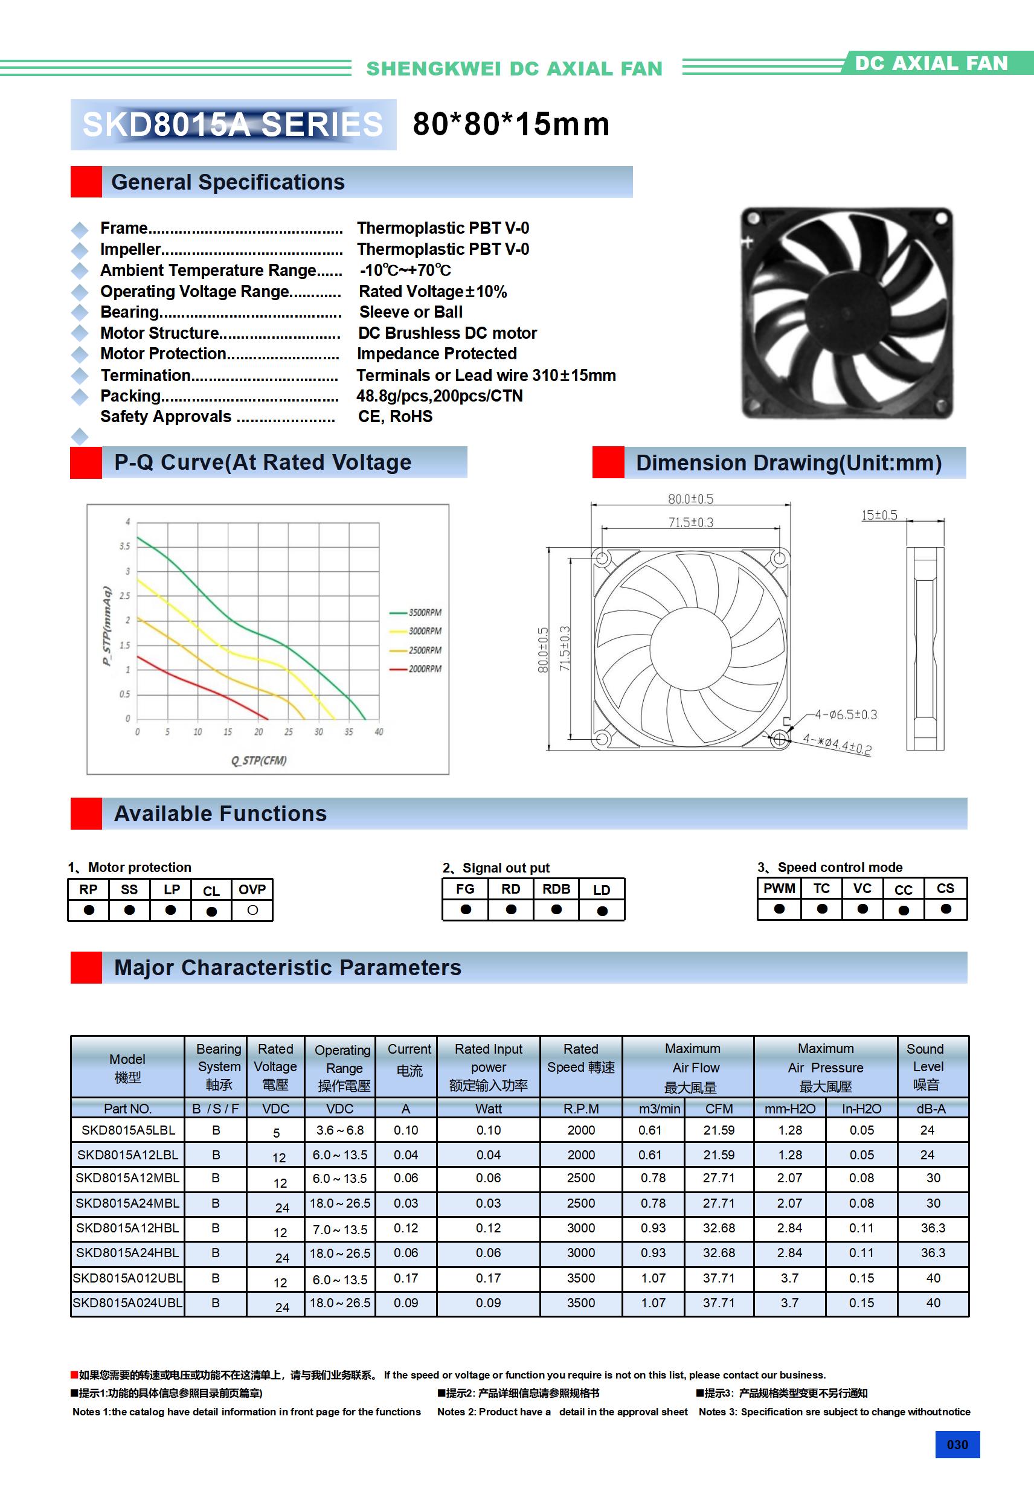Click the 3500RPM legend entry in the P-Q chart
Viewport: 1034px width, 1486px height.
click(x=424, y=612)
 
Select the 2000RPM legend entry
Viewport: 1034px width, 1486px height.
click(x=424, y=668)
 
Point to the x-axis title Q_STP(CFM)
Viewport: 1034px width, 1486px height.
click(x=259, y=760)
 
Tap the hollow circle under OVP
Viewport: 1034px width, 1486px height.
click(x=252, y=910)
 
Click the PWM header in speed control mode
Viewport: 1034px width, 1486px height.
click(x=779, y=889)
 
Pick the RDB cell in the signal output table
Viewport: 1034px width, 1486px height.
click(x=556, y=889)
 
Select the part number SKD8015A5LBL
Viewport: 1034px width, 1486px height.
click(x=128, y=1130)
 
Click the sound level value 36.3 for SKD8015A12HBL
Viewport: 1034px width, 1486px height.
click(x=933, y=1228)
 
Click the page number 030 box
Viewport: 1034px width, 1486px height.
click(x=957, y=1444)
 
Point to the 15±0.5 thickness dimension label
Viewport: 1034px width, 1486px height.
click(x=879, y=515)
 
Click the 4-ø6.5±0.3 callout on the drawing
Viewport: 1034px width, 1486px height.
click(x=846, y=714)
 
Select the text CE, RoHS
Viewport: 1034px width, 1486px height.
click(x=395, y=416)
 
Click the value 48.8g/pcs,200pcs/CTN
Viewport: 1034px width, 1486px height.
click(x=439, y=396)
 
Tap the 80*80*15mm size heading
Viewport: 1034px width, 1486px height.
click(x=511, y=124)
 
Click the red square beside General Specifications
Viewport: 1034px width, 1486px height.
click(x=86, y=182)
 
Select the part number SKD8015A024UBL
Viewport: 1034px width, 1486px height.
click(x=127, y=1303)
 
